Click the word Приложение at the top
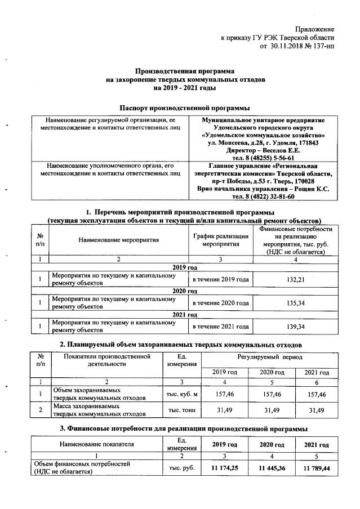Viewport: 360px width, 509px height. [x=315, y=29]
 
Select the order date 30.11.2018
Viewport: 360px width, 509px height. [x=288, y=46]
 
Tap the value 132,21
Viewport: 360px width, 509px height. [x=291, y=279]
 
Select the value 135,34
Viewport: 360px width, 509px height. [x=291, y=303]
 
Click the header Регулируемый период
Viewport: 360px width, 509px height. [x=266, y=358]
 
